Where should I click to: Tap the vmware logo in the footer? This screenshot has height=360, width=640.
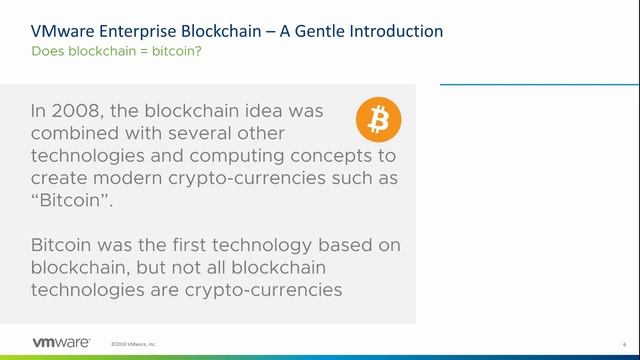[x=47, y=342]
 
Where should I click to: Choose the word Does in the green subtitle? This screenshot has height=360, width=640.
[x=49, y=50]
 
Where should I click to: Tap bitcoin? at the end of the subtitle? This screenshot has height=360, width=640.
[x=178, y=50]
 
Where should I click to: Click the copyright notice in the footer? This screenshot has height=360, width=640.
[x=134, y=343]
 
